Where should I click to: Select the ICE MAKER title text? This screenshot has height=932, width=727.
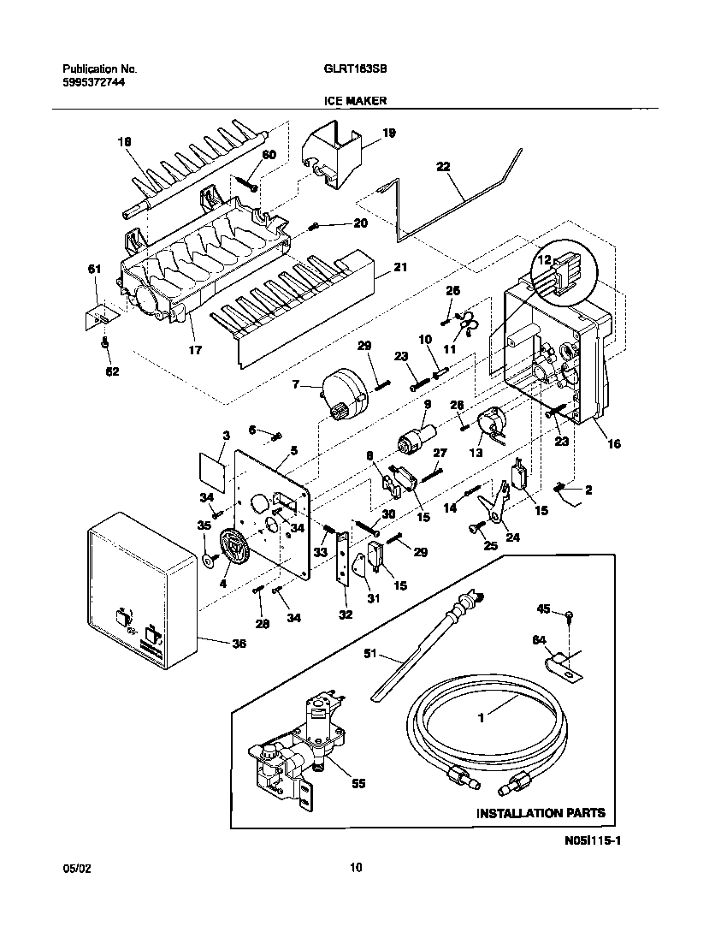(355, 100)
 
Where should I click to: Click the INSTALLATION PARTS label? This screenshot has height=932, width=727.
(540, 812)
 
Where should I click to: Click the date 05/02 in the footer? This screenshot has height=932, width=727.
(76, 868)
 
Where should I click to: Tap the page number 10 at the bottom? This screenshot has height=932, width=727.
(357, 868)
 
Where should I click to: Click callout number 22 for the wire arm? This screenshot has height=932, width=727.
(443, 168)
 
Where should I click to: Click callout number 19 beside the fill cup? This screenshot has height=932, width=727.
(389, 133)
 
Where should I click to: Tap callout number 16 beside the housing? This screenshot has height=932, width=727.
(614, 443)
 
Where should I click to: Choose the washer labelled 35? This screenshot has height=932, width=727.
(208, 561)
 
